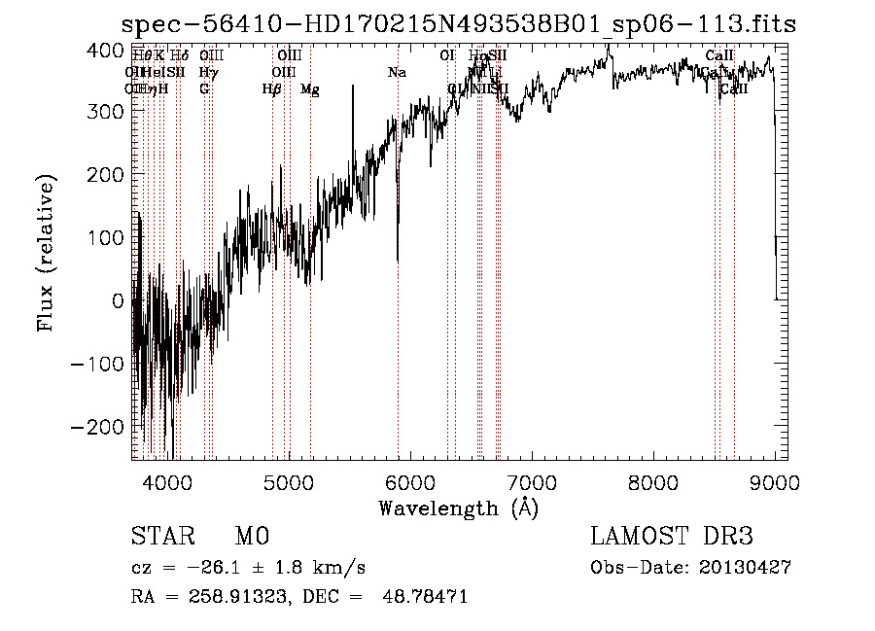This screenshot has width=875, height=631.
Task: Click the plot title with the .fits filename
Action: coord(462,24)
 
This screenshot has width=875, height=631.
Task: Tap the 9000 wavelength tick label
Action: coord(775,481)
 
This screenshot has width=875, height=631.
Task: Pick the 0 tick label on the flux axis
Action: coord(118,300)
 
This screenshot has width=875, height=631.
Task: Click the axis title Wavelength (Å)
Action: coord(458,508)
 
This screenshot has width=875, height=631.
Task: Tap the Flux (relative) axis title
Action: coord(46,253)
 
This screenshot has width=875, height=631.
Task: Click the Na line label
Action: coord(397,73)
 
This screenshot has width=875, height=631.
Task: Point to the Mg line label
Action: coord(309,89)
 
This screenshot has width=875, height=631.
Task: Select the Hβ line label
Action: coord(272,89)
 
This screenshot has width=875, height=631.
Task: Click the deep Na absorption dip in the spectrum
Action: coord(398,258)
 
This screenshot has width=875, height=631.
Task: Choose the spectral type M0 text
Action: coord(251,537)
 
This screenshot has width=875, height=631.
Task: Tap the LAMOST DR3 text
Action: coord(672,537)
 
